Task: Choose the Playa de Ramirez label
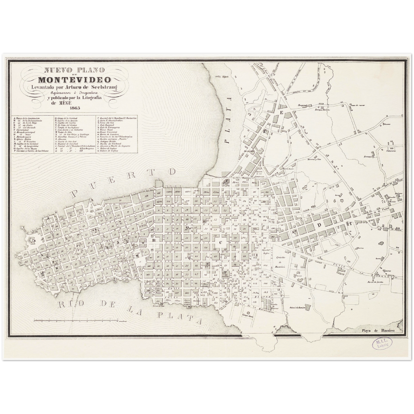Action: pyautogui.click(x=378, y=331)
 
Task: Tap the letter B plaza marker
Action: pyautogui.click(x=154, y=240)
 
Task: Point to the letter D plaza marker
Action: pyautogui.click(x=319, y=225)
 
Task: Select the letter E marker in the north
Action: pyautogui.click(x=281, y=113)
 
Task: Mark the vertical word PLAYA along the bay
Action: pyautogui.click(x=228, y=120)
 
